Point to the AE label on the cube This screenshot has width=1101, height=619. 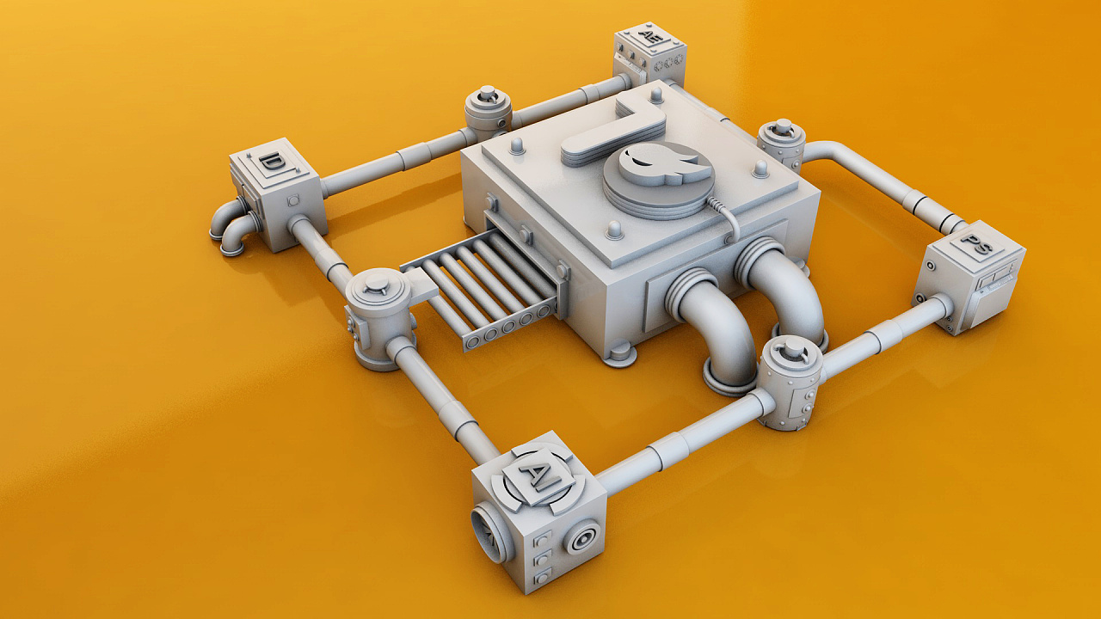coord(650,37)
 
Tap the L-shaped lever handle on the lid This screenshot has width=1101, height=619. coord(615,130)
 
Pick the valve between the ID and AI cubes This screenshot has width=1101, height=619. coord(379,317)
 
